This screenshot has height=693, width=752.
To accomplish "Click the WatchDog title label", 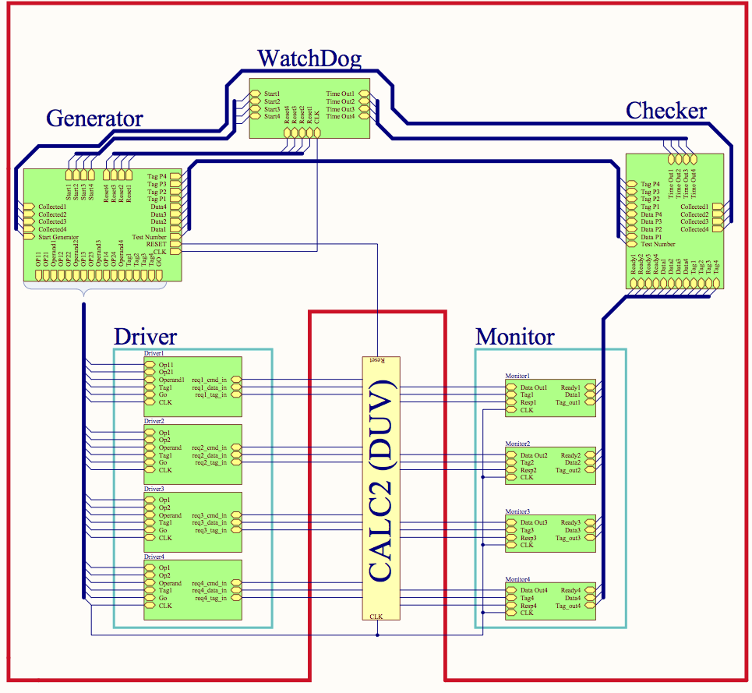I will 309,58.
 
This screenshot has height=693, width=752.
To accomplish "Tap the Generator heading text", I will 94,118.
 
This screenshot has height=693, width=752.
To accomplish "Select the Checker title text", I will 666,111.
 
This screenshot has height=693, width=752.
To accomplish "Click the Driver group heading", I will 145,337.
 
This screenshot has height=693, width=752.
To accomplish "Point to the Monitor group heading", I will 514,337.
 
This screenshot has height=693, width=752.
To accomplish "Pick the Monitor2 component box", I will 550,465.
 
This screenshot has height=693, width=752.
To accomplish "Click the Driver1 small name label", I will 154,354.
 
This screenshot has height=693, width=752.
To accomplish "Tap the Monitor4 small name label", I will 517,579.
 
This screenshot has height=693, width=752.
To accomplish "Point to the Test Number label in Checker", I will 658,244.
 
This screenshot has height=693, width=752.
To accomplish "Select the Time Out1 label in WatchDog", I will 340,94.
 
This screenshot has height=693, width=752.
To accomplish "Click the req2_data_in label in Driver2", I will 210,455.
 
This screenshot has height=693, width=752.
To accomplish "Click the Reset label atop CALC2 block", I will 376,360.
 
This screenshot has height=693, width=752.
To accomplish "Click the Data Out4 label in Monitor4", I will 535,590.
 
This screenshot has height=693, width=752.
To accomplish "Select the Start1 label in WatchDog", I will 272,94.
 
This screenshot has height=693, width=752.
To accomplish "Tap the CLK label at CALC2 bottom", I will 376,616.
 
